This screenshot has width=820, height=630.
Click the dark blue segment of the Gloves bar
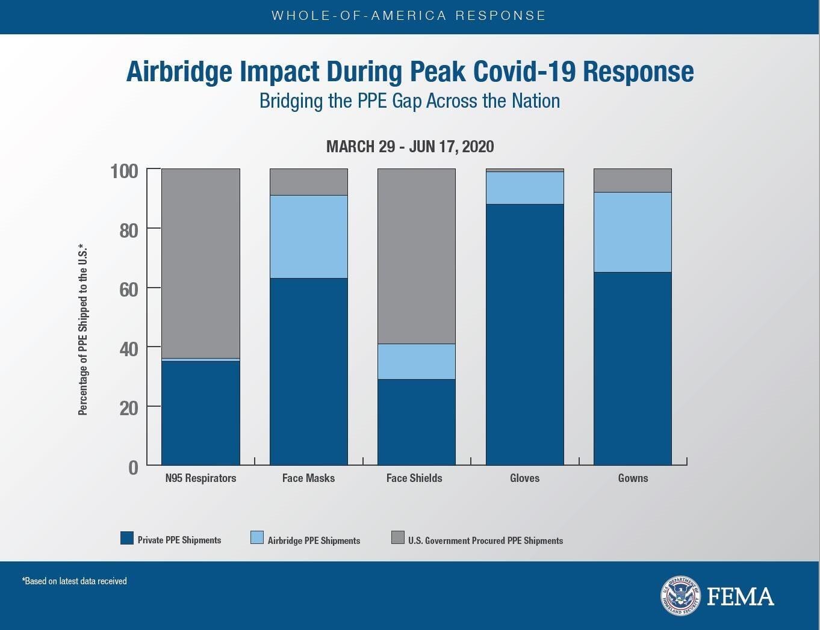[x=524, y=334]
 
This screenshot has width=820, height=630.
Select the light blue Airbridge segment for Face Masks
[x=308, y=236]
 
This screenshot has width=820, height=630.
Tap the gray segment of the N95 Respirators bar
[x=200, y=264]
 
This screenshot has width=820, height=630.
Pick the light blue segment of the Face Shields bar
[x=416, y=361]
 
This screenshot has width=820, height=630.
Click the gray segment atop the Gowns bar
[x=632, y=181]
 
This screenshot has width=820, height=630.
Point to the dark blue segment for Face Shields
[x=416, y=421]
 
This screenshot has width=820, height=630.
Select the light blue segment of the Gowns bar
[x=632, y=232]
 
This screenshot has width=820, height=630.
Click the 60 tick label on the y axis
[x=128, y=289]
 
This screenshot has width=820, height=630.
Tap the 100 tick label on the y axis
[x=125, y=171]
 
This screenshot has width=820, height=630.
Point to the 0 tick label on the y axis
[x=133, y=468]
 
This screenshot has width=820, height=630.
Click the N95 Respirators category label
[x=200, y=478]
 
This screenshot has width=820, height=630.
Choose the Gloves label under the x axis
[x=524, y=478]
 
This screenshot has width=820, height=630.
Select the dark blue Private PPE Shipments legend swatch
[x=126, y=538]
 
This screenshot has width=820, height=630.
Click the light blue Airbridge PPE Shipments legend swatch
[x=257, y=538]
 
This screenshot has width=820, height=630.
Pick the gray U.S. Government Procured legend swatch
[x=397, y=537]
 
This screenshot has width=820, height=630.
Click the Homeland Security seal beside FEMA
[x=680, y=596]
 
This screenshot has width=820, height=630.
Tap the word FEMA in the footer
[x=740, y=597]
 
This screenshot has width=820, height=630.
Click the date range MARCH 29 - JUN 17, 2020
[x=410, y=146]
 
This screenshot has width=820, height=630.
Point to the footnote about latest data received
[x=75, y=581]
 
